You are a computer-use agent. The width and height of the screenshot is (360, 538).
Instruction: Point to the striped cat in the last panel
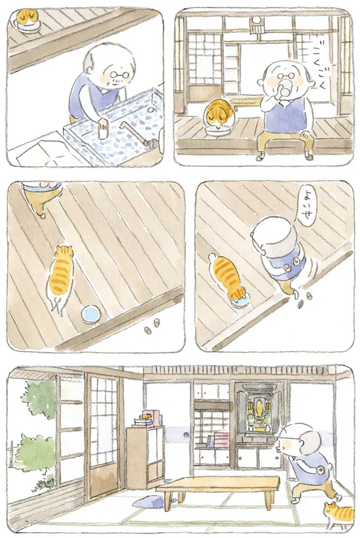tap(339, 515)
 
